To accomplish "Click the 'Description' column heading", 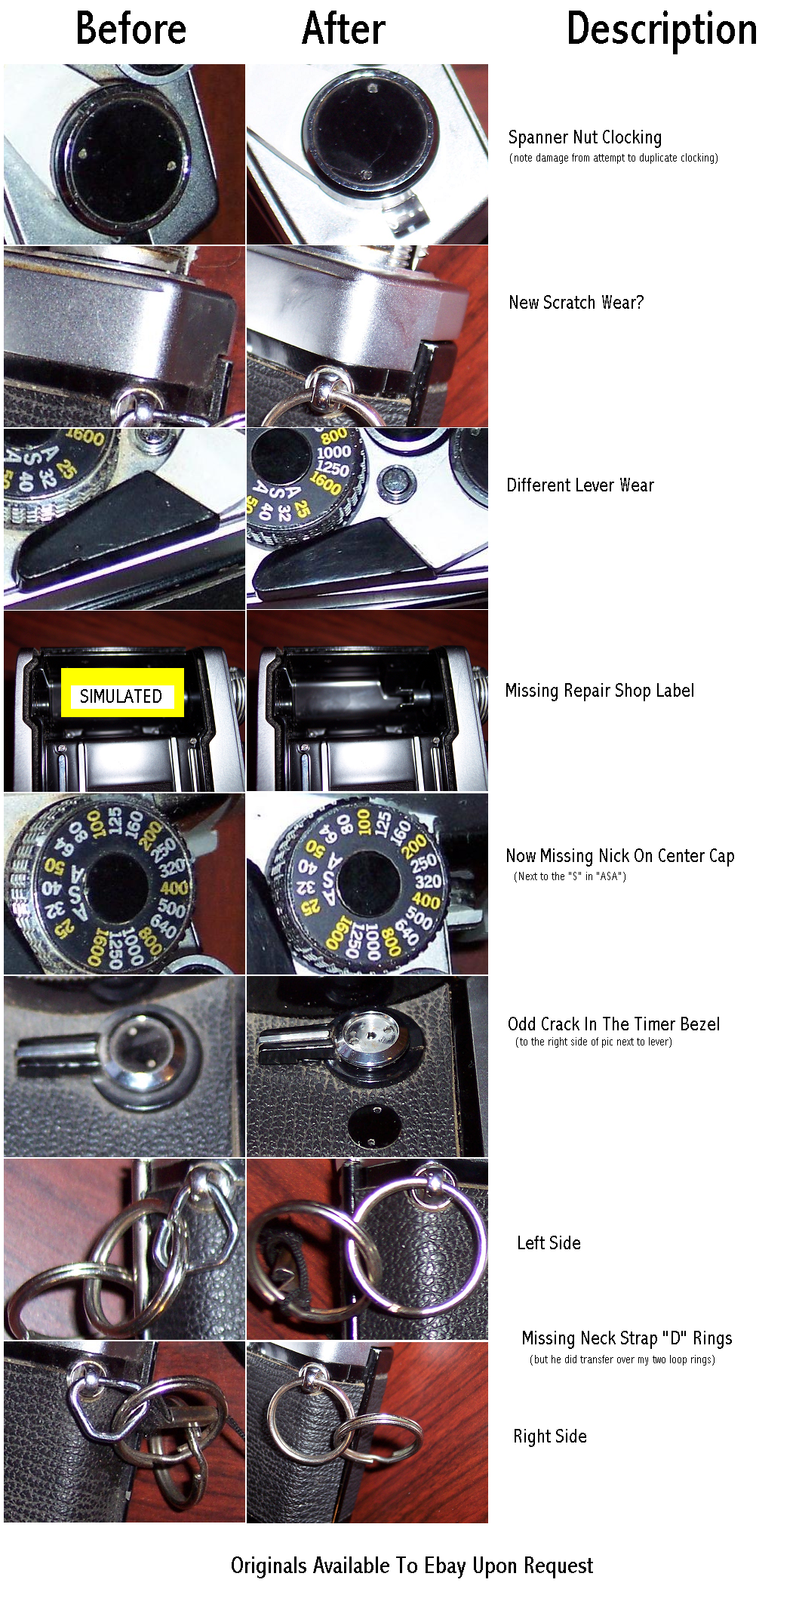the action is pyautogui.click(x=662, y=30).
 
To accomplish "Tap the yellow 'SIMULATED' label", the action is pyautogui.click(x=122, y=692).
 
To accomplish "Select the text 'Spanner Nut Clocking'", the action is pyautogui.click(x=585, y=137).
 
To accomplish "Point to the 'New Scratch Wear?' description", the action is pyautogui.click(x=576, y=303).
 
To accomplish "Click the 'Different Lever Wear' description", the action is pyautogui.click(x=580, y=485).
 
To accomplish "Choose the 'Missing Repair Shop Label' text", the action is pyautogui.click(x=600, y=691).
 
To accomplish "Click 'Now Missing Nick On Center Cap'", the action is pyautogui.click(x=620, y=856).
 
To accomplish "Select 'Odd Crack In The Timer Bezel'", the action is pyautogui.click(x=613, y=1024).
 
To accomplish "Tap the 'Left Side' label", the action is pyautogui.click(x=549, y=1243).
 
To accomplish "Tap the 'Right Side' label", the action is pyautogui.click(x=550, y=1436).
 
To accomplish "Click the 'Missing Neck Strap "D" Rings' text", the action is pyautogui.click(x=626, y=1338).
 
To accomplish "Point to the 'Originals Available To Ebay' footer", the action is pyautogui.click(x=412, y=1566).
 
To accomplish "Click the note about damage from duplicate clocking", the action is pyautogui.click(x=613, y=158).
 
